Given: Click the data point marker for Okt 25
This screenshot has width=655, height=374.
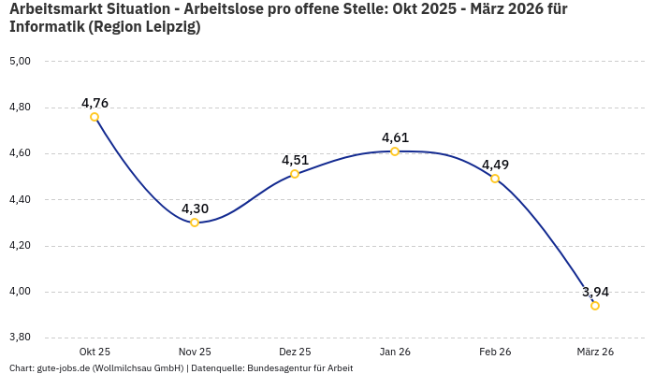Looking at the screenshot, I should tap(95, 117).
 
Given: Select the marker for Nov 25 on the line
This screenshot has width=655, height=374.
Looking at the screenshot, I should tap(195, 223).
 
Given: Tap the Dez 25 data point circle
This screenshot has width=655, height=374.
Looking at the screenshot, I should tap(295, 174).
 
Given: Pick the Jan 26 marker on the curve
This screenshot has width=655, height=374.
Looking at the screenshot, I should tap(395, 151).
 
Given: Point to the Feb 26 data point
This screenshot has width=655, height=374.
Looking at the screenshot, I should tap(495, 179).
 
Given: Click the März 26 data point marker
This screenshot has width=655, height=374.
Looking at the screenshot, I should tap(595, 306).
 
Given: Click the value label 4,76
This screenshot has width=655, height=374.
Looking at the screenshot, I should tap(95, 103).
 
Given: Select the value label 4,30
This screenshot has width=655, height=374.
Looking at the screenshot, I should tap(195, 209).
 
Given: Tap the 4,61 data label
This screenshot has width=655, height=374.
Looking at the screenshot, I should tap(395, 137).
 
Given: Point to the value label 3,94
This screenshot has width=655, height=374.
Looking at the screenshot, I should tap(595, 292).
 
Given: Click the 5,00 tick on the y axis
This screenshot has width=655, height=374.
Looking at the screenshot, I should tap(20, 61).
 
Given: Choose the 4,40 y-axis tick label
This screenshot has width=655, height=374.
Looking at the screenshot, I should tap(20, 199).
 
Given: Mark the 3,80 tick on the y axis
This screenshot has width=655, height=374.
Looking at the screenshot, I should tap(20, 338).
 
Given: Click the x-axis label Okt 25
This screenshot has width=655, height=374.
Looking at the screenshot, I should tap(95, 352).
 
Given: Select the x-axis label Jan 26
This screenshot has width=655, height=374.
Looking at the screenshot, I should tap(395, 352).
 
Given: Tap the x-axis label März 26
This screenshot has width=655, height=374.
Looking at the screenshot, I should tap(595, 352).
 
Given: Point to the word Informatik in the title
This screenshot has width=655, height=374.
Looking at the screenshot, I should tap(46, 27).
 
